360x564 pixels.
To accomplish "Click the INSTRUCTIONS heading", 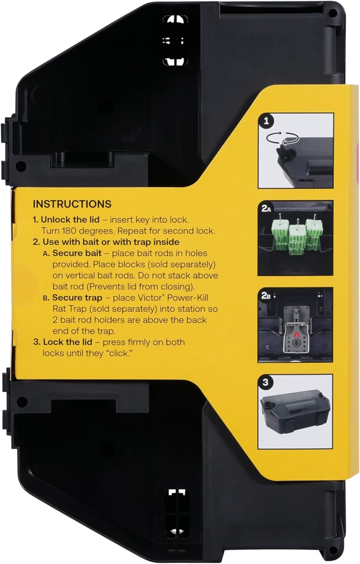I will tap(72, 204).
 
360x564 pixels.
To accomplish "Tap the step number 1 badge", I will tap(266, 121).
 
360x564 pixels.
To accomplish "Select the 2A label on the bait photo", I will tap(266, 208).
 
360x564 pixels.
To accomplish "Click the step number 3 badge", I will tap(266, 382).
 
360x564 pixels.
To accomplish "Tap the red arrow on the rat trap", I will tap(297, 334).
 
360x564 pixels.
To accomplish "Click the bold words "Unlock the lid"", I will tap(70, 220).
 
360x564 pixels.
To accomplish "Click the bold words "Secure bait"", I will tap(77, 253).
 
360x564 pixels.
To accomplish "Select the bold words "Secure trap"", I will tap(77, 298).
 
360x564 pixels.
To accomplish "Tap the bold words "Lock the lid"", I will tap(67, 342).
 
